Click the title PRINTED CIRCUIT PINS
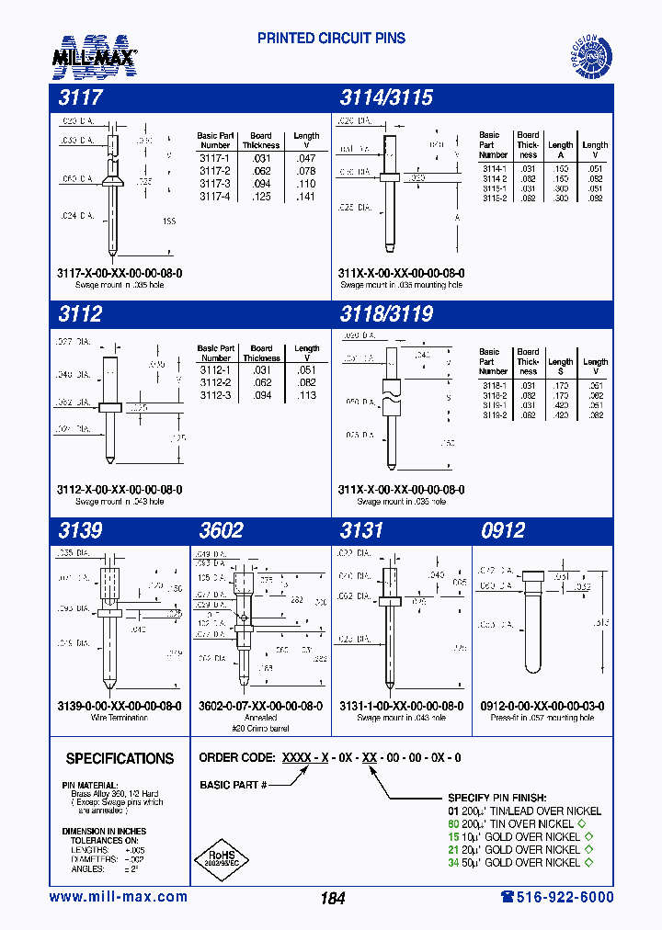click(x=331, y=39)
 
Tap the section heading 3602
click(x=222, y=530)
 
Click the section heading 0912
click(x=503, y=530)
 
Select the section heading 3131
click(x=361, y=530)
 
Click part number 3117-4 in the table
click(x=214, y=197)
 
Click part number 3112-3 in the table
click(x=215, y=395)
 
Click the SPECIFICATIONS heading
click(x=120, y=758)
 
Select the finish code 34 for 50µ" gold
click(x=452, y=862)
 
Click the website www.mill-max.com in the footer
click(x=118, y=897)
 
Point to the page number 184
click(x=333, y=898)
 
